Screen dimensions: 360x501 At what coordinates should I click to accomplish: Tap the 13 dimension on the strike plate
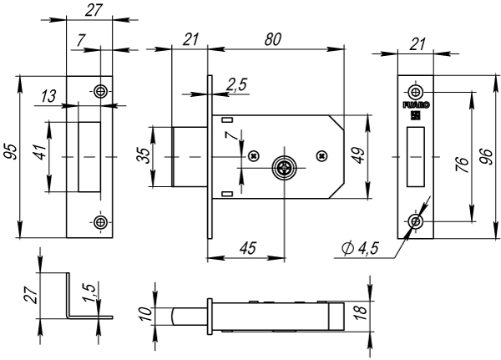pyautogui.click(x=48, y=97)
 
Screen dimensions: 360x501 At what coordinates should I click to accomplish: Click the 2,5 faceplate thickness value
pyautogui.click(x=236, y=84)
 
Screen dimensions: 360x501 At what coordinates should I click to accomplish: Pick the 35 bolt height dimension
pyautogui.click(x=144, y=155)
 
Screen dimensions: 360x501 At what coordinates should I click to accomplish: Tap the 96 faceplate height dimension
pyautogui.click(x=487, y=157)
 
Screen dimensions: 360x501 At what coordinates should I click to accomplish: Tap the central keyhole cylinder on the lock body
pyautogui.click(x=285, y=168)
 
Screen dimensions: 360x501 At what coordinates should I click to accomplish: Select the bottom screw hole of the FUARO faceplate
pyautogui.click(x=415, y=221)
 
